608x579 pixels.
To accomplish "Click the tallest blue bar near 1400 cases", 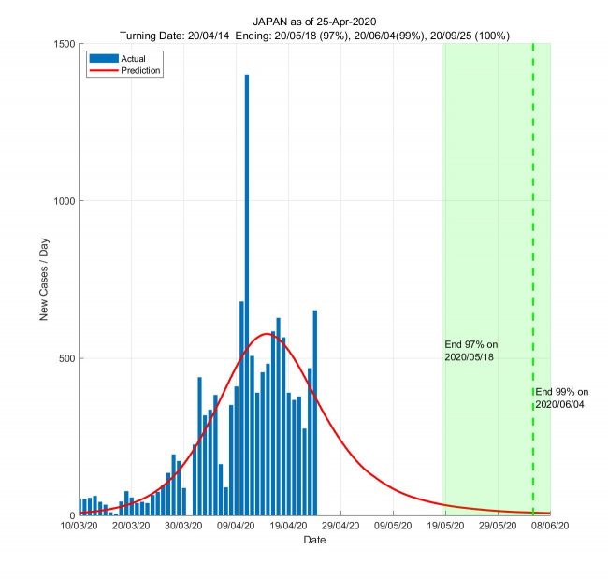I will pos(247,281).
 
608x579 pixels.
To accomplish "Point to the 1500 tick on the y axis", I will pos(64,44).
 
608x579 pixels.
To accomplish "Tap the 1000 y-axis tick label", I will pos(64,201).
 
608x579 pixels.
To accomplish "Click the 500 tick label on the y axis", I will pos(66,358).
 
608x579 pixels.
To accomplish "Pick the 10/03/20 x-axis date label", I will pos(79,527).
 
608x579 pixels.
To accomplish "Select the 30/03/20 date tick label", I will pos(183,527).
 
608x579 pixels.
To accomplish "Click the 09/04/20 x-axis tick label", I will pos(236,527).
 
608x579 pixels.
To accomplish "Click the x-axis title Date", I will pos(314,541).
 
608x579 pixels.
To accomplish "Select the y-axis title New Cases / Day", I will pos(44,280).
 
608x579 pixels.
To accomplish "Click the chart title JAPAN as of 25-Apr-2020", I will pos(314,21).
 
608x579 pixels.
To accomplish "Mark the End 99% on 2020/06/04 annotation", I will pos(562,398).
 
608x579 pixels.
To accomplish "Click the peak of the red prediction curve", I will pos(268,334).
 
